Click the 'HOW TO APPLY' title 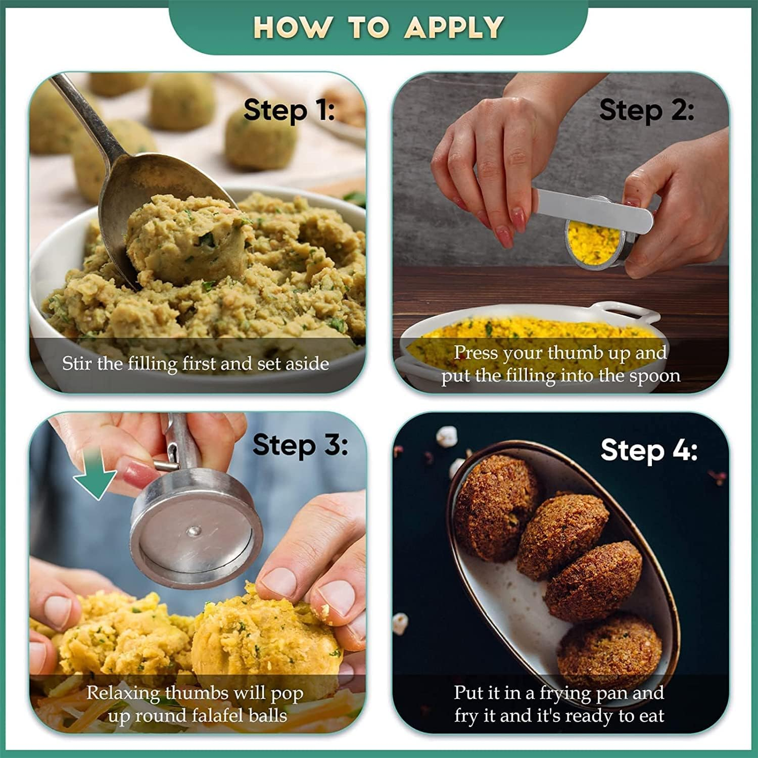coord(378,27)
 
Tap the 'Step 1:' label coord(289,110)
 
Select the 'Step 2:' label coord(646,110)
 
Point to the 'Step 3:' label coord(300,445)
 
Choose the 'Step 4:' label coord(649,449)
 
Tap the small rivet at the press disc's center coord(194,531)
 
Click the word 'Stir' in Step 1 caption coord(77,363)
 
